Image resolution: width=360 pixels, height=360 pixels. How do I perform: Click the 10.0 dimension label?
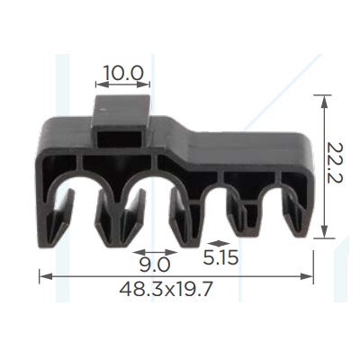pos(123,73)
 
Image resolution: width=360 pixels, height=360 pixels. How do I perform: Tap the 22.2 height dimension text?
pos(335,163)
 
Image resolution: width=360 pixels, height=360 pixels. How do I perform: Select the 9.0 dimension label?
pos(155,265)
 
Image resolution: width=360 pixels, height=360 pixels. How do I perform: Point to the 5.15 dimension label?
pos(220,257)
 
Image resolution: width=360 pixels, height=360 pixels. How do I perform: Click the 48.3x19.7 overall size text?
pos(166,290)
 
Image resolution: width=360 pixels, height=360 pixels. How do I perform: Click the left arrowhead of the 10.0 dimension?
pos(102,85)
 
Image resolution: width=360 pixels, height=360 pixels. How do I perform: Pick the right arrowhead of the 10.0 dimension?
pos(143,85)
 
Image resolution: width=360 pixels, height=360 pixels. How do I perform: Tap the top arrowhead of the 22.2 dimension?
pos(324,102)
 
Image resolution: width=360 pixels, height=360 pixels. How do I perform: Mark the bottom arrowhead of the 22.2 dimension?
pos(324,232)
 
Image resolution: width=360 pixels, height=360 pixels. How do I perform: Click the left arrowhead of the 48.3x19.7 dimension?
pos(46,276)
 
